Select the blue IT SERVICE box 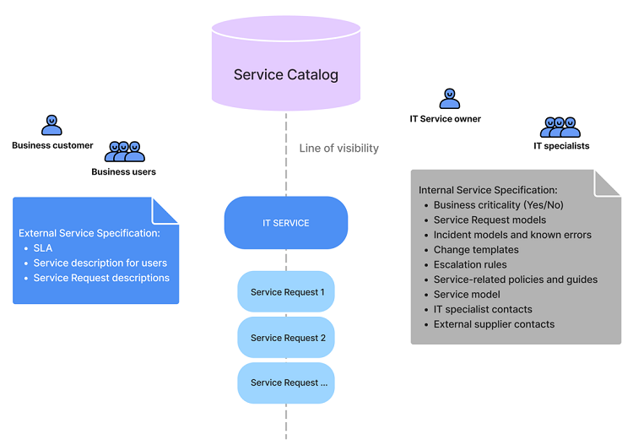285,223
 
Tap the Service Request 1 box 285,293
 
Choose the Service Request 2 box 285,338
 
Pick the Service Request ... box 285,383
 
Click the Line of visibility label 338,149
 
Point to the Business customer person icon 52,126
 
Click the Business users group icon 124,152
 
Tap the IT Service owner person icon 450,100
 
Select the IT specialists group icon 560,128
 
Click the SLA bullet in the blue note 43,248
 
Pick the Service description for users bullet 100,263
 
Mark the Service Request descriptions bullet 101,278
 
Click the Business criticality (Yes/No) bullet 498,205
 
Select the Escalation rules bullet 470,264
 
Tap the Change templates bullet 476,250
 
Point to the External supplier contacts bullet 494,324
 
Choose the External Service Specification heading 89,233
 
